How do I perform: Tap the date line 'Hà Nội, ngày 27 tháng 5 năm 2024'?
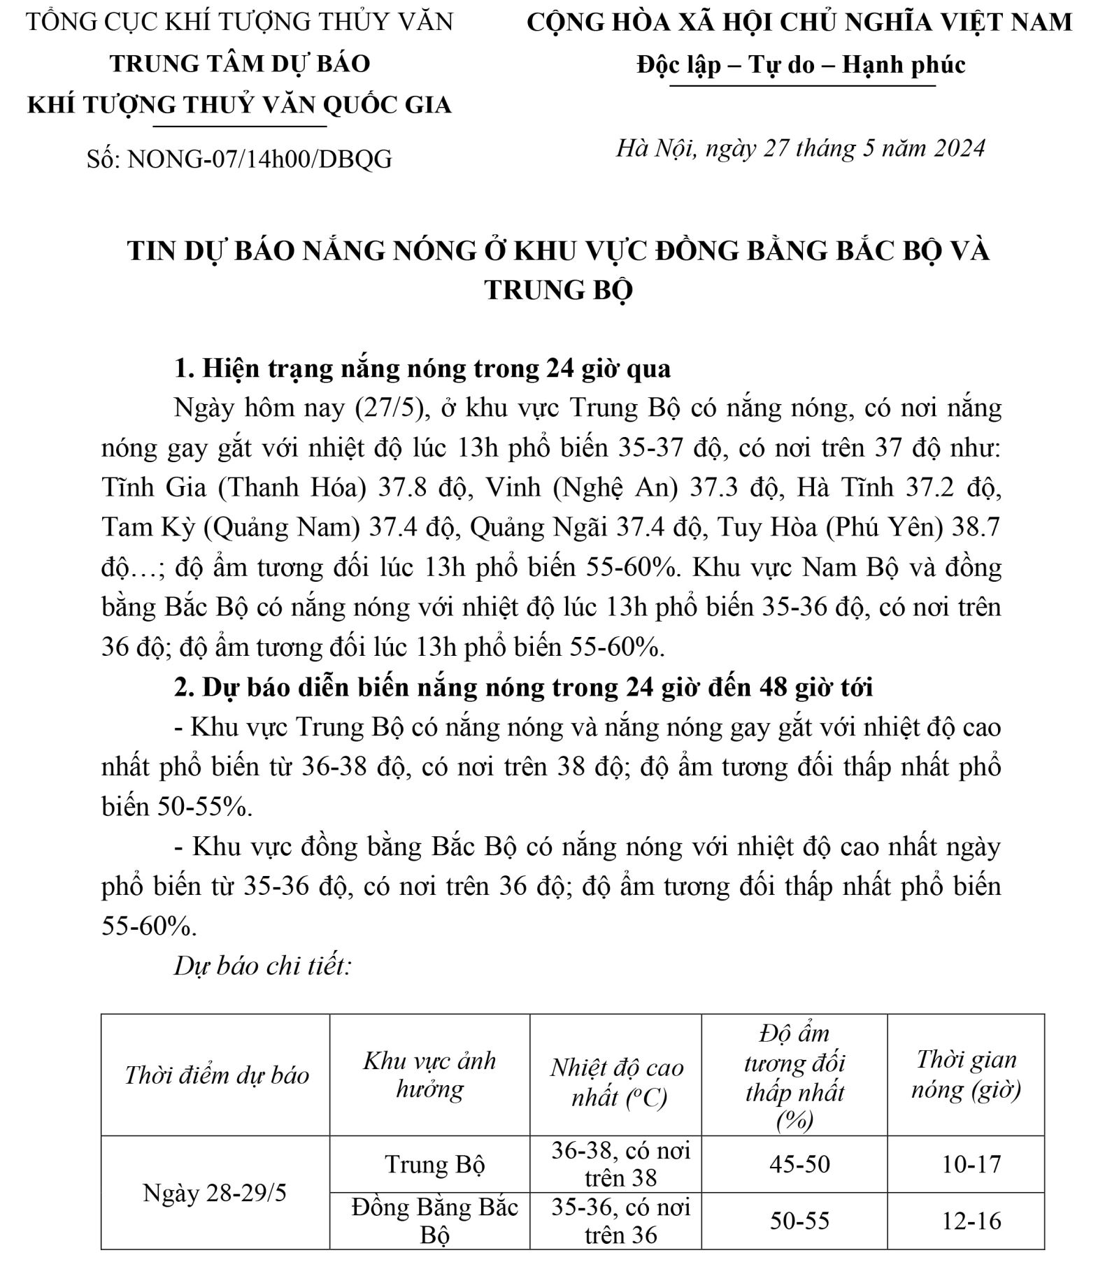click(x=800, y=148)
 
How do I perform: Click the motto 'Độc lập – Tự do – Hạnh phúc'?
click(x=801, y=65)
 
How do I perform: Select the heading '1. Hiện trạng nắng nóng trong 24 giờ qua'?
click(x=422, y=368)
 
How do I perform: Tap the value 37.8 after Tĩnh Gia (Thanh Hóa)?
click(x=401, y=487)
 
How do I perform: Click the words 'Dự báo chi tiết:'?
click(x=262, y=966)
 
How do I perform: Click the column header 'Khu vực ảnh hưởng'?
click(x=429, y=1075)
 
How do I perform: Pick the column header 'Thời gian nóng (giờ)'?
click(x=966, y=1075)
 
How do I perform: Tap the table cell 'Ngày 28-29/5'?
click(x=215, y=1193)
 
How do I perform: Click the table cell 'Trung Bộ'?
click(x=434, y=1164)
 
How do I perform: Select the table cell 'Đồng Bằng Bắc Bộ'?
click(x=434, y=1221)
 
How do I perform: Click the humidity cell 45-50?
click(x=799, y=1164)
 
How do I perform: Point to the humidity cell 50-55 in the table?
click(x=799, y=1221)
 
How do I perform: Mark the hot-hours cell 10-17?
click(x=971, y=1164)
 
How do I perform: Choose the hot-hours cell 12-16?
click(x=971, y=1221)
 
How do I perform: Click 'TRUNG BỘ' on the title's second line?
click(x=558, y=289)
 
